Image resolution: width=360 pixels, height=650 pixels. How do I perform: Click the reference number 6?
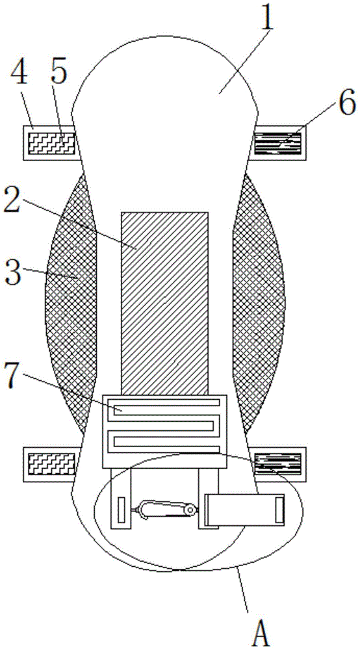(x=347, y=103)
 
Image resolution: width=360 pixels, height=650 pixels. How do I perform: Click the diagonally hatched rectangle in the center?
(x=164, y=304)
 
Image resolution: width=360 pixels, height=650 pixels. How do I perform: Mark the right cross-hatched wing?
(x=258, y=304)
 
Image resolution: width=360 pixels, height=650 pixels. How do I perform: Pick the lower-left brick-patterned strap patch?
(x=51, y=464)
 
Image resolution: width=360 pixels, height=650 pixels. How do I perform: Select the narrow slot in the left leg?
(x=121, y=510)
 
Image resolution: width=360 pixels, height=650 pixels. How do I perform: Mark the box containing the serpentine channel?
(x=164, y=432)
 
